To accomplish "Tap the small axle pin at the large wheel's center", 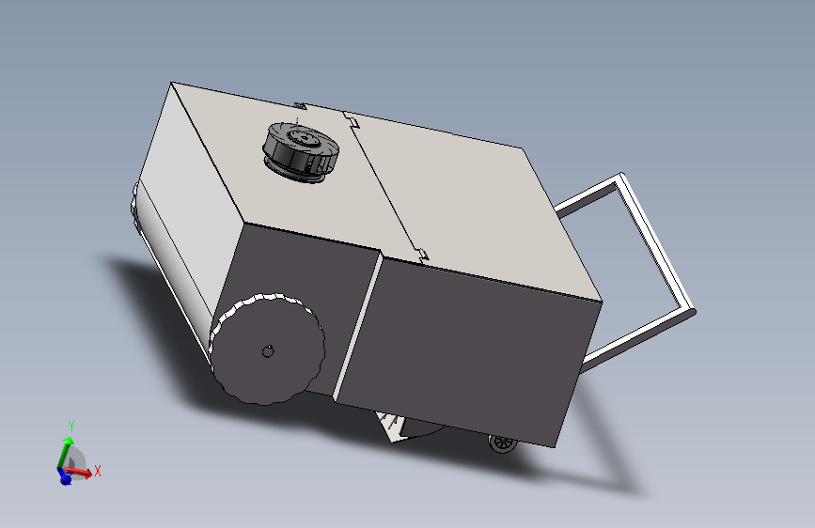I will (267, 351).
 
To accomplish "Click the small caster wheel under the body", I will (503, 443).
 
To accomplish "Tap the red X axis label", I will (97, 471).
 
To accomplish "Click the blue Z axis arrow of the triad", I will (64, 477).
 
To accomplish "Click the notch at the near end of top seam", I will (422, 253).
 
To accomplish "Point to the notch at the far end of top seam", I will (352, 120).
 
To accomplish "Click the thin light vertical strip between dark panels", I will (358, 324).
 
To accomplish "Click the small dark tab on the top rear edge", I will (300, 104).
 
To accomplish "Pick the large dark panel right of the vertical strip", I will (470, 348).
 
